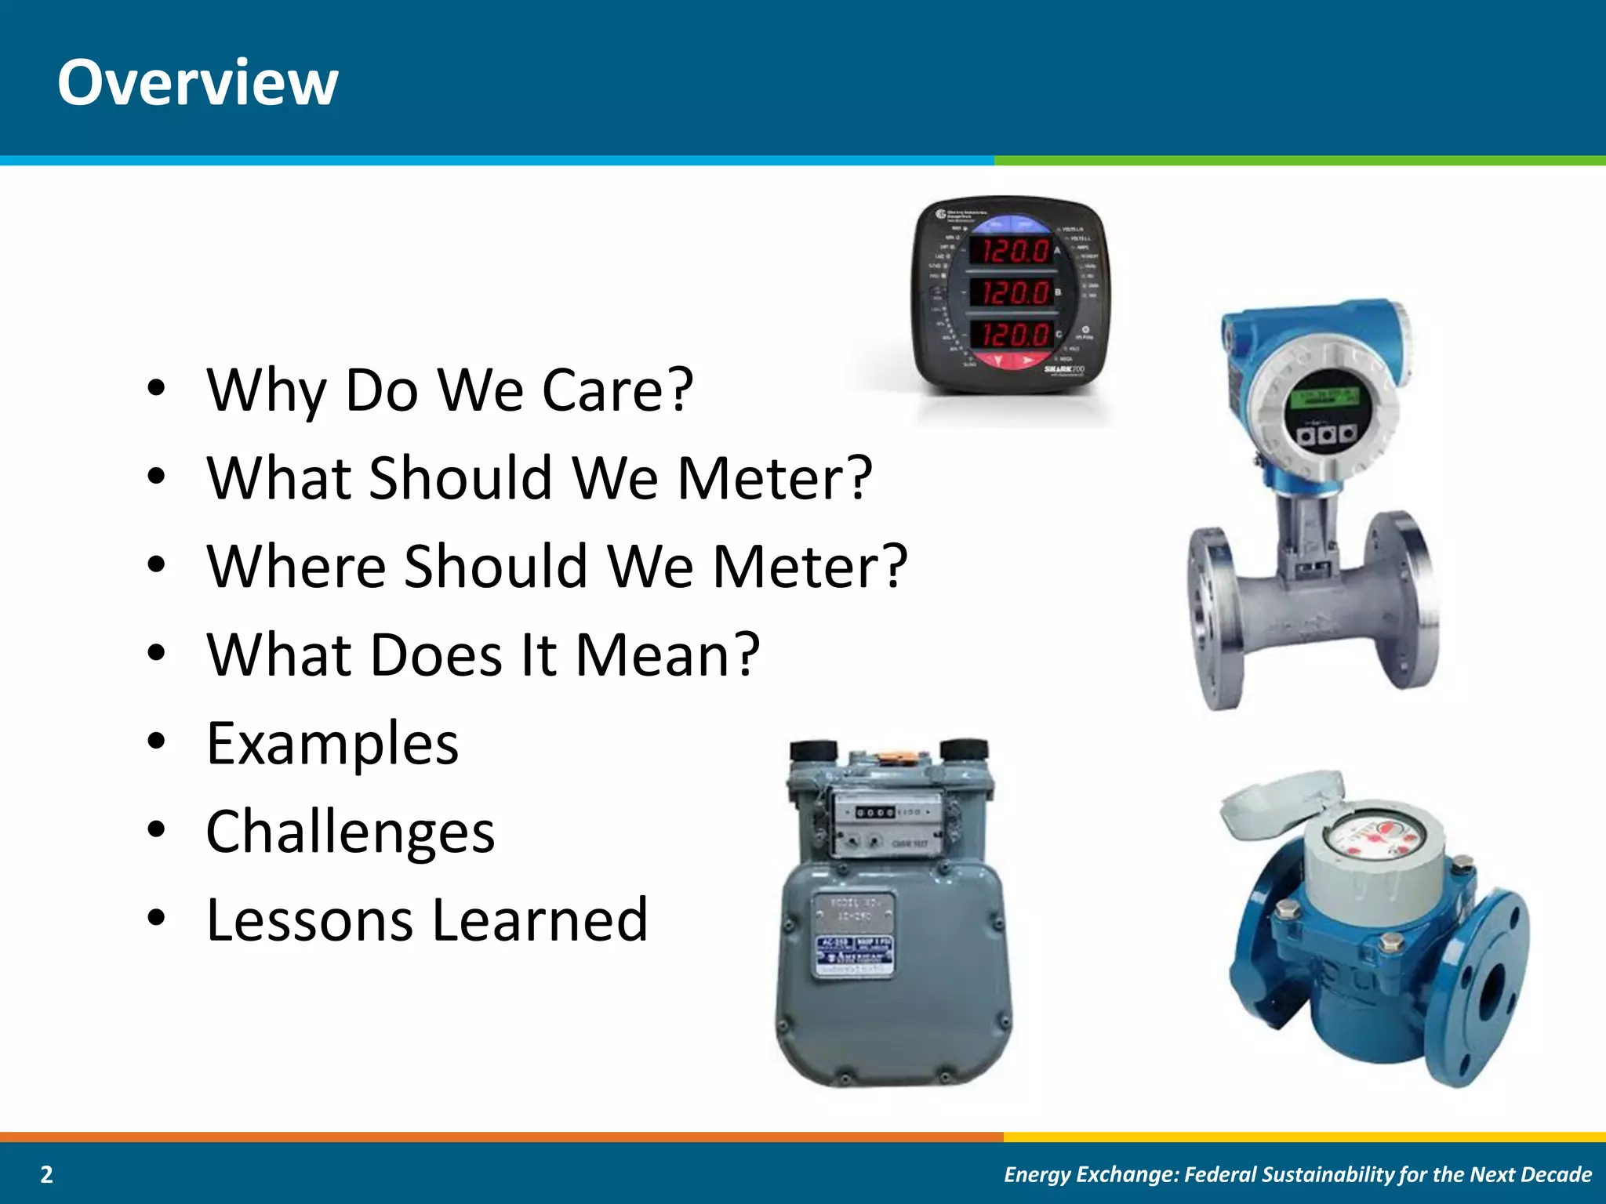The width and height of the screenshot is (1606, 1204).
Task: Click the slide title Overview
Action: point(198,82)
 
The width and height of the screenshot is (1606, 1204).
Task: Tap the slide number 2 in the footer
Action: point(47,1174)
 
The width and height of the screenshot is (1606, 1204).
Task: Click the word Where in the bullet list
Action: point(296,566)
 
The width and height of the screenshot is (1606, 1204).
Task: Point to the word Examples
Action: point(332,744)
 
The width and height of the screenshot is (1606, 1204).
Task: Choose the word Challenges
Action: point(350,832)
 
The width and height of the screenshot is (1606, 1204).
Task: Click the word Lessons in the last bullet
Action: point(309,920)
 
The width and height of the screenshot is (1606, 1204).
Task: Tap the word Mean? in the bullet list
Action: point(667,655)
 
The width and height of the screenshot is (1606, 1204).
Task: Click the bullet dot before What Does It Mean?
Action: point(157,653)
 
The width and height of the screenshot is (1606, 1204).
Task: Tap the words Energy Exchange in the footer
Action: point(1091,1174)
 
